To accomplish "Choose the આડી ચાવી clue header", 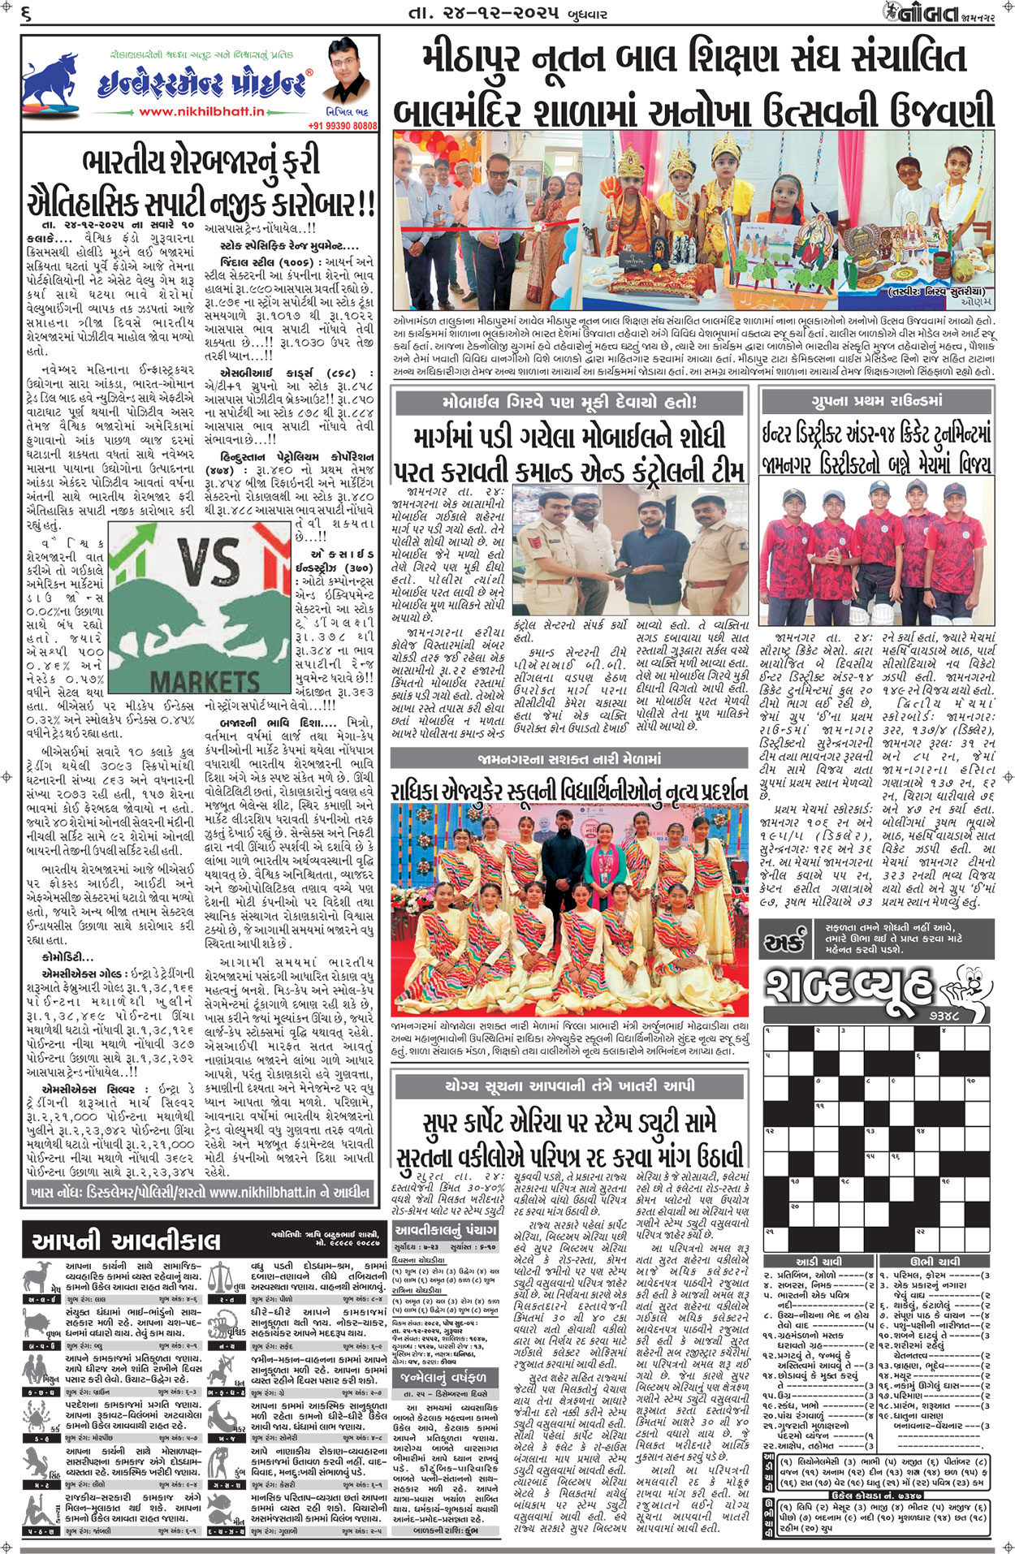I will tap(819, 1261).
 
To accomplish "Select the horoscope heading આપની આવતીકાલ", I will tap(126, 1241).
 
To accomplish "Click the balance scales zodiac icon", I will tap(221, 1276).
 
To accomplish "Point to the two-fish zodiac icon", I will tap(221, 1512).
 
